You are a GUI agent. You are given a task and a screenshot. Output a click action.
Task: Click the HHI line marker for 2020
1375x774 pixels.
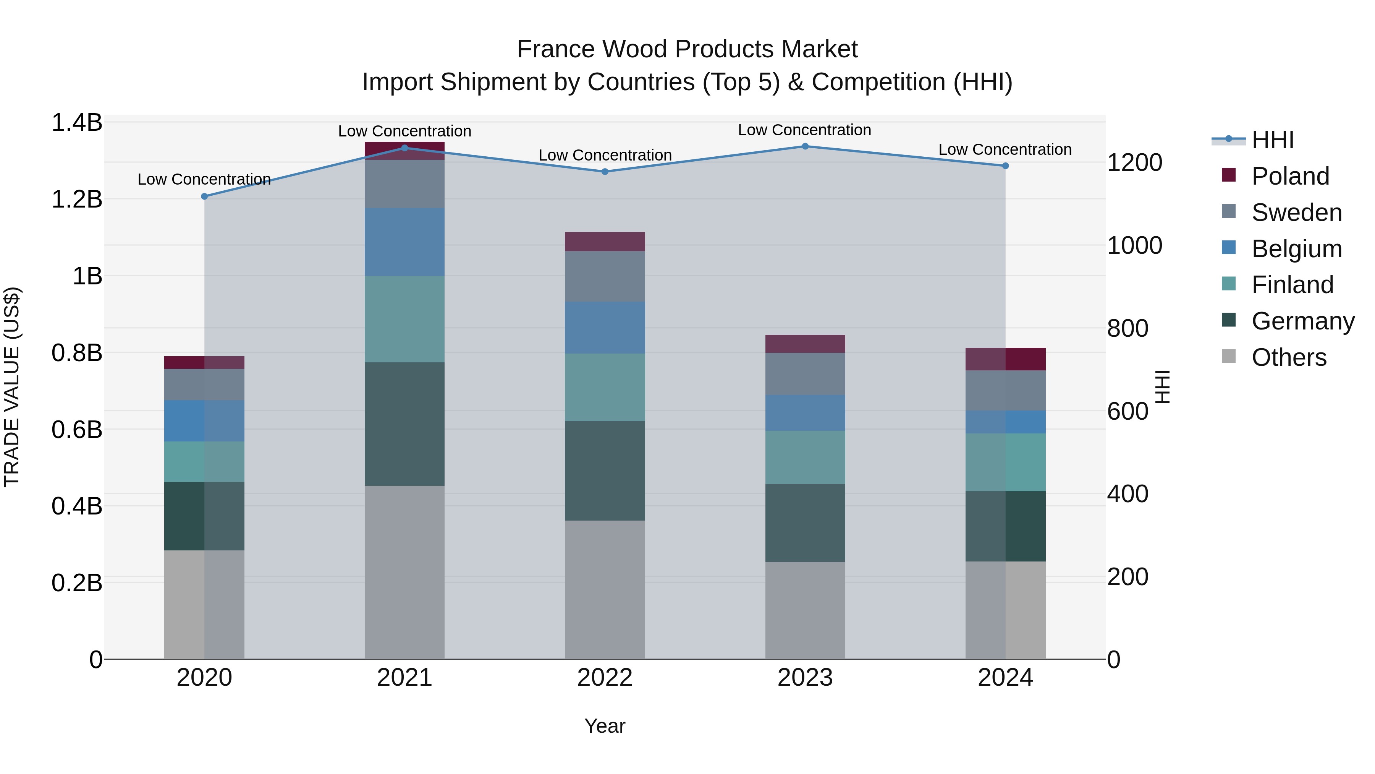pos(204,196)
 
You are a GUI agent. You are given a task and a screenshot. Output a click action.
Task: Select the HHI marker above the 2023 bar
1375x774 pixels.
pos(805,146)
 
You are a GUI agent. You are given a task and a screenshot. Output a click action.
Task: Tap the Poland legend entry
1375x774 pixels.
pos(1289,176)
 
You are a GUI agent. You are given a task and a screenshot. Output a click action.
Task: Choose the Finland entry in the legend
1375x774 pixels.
pos(1292,285)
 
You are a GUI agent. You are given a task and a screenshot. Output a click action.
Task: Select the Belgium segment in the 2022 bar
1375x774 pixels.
pos(605,328)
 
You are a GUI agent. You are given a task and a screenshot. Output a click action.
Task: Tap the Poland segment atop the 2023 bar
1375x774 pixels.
pos(805,344)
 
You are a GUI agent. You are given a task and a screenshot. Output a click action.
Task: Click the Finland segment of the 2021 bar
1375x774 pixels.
pos(404,319)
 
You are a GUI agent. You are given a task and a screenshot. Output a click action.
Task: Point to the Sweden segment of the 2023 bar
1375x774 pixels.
pos(805,373)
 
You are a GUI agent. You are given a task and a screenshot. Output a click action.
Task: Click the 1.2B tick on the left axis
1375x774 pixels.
pos(76,199)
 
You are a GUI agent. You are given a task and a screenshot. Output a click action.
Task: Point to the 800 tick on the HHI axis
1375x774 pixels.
pos(1127,328)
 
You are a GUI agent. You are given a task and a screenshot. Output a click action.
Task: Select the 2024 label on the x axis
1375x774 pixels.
pos(1005,678)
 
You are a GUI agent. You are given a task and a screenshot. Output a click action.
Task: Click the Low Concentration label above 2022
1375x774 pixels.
pos(605,156)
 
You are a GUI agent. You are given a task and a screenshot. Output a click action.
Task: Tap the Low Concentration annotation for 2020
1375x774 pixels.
pos(204,180)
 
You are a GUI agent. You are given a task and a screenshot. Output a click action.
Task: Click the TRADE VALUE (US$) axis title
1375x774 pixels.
pos(12,387)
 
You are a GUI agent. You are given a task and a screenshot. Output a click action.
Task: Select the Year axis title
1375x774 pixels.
pos(605,726)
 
